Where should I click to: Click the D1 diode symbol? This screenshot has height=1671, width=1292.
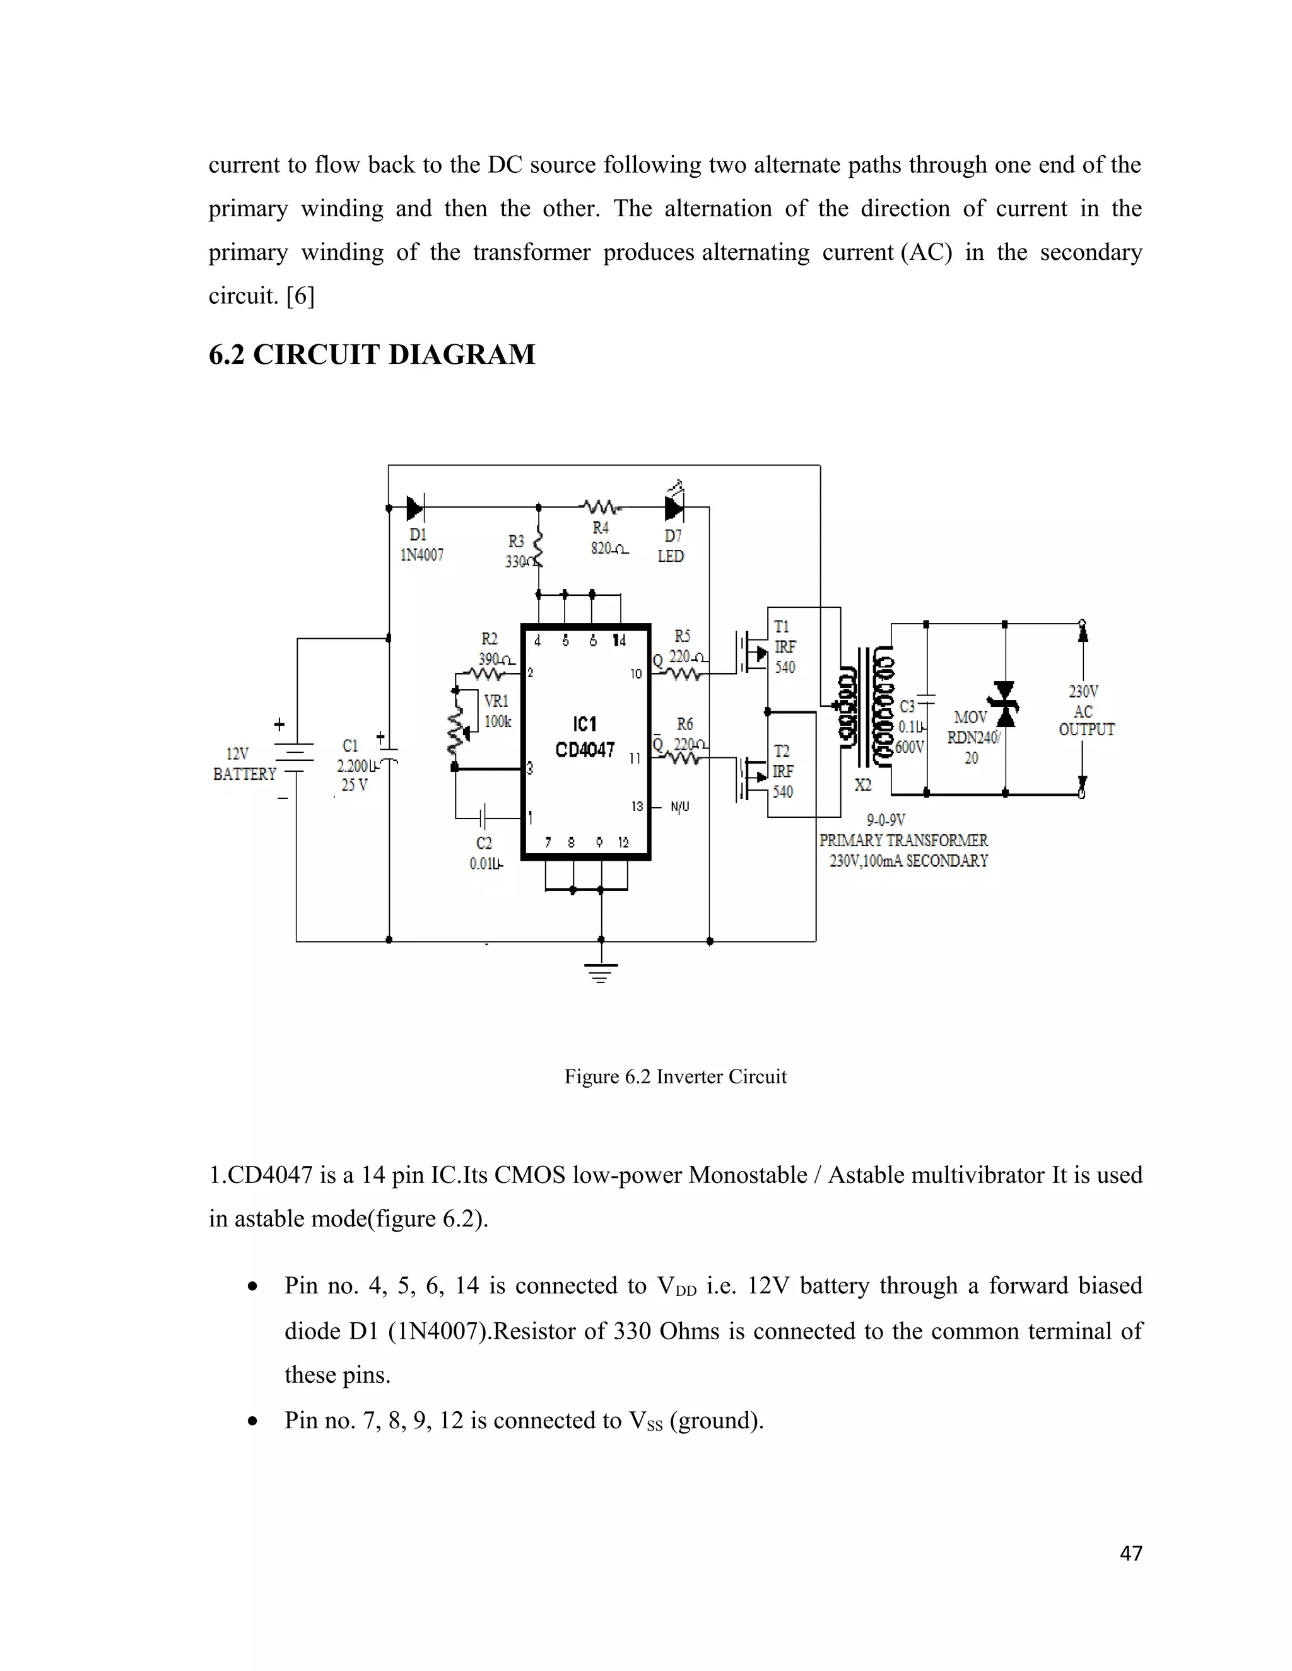coord(416,506)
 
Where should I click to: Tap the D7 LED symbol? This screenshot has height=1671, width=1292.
coord(674,506)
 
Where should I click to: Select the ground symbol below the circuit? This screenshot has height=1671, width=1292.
coord(601,972)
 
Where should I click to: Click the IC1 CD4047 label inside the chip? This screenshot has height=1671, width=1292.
coord(585,737)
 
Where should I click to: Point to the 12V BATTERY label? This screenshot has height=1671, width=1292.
coord(244,764)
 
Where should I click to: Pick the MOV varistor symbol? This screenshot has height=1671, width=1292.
coord(1004,704)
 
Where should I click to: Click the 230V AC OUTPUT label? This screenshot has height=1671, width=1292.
coord(1085,711)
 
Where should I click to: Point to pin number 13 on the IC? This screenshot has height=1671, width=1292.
coord(637,806)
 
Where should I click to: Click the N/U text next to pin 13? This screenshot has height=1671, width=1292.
coord(679,806)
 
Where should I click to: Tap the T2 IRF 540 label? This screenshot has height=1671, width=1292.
coord(782,771)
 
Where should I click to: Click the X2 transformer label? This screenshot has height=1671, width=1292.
coord(862,785)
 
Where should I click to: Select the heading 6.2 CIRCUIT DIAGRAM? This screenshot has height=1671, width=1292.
coord(372,354)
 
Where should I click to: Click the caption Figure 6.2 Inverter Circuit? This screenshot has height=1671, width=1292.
coord(675,1076)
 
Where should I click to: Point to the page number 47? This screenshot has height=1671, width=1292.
coord(1130,1553)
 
